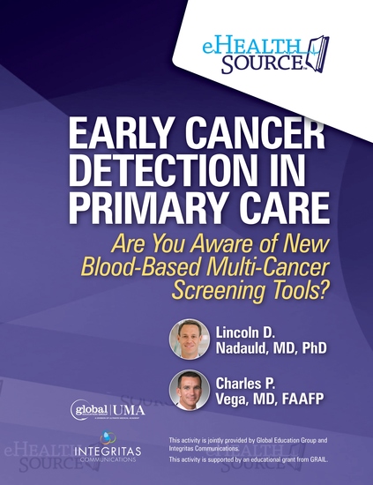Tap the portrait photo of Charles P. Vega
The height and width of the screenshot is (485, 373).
coord(189,391)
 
